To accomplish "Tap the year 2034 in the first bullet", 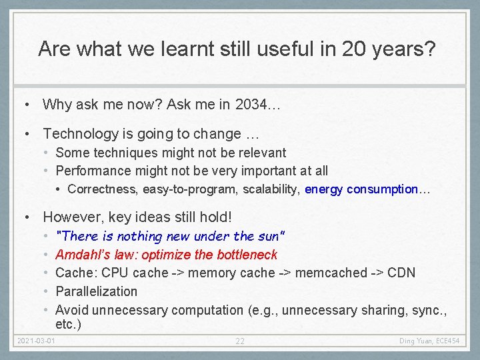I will pos(250,104).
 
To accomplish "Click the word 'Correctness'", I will pos(103,189).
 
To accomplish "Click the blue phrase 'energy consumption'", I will pos(361,189).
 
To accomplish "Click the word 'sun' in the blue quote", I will pos(267,236).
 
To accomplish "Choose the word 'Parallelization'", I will pos(96,291).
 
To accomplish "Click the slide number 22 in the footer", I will pos(240,341).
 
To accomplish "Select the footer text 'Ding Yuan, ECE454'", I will pos(429,341).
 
